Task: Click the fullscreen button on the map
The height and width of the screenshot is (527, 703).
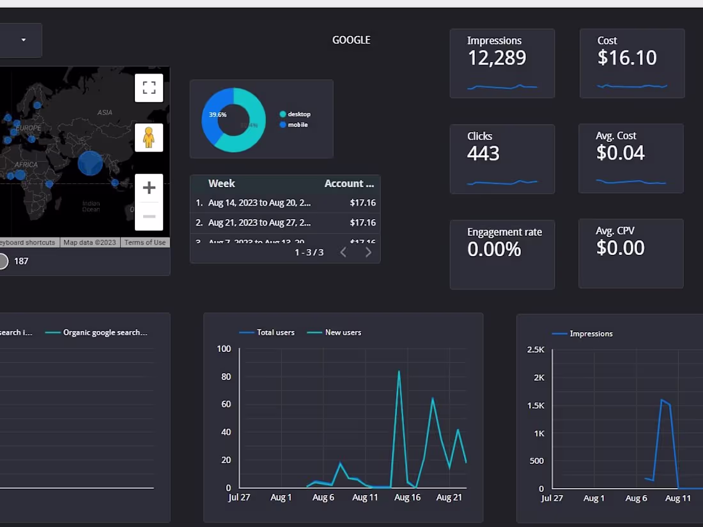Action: (x=149, y=88)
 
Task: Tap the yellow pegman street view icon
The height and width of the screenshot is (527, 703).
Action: (x=149, y=137)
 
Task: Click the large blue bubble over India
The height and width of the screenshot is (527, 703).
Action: (x=90, y=163)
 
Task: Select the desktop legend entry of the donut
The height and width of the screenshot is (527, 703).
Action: (x=298, y=114)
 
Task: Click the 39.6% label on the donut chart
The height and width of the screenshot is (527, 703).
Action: (x=217, y=115)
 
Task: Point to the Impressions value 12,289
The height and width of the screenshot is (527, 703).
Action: (x=497, y=58)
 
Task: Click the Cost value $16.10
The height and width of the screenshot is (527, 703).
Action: (x=627, y=58)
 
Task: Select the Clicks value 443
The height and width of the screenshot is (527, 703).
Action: (x=483, y=153)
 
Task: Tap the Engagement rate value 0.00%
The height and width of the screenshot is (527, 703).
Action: (x=494, y=249)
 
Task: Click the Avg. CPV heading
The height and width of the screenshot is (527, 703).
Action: (x=615, y=231)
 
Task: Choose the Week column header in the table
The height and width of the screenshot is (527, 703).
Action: (x=222, y=183)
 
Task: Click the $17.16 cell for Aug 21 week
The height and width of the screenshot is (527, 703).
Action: (x=362, y=223)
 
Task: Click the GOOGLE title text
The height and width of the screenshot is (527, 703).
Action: (x=351, y=40)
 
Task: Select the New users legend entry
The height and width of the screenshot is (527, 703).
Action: (x=343, y=333)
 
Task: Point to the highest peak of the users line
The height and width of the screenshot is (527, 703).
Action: (x=399, y=371)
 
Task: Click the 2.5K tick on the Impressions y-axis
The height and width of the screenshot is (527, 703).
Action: (x=536, y=349)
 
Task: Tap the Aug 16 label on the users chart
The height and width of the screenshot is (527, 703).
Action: (x=408, y=498)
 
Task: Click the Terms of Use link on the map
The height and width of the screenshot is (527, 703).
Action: (x=145, y=243)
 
